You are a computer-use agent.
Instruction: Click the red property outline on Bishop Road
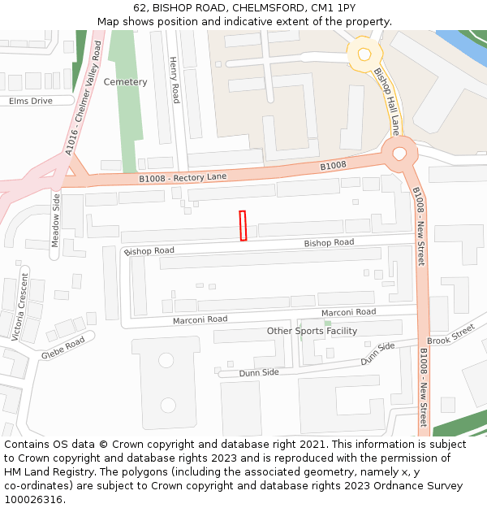click(243, 226)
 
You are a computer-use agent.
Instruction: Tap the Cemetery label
click(126, 82)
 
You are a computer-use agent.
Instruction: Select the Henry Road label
click(175, 80)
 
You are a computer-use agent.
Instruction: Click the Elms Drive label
click(31, 101)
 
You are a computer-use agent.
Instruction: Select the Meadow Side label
click(56, 220)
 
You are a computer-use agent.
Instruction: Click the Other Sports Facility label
click(312, 331)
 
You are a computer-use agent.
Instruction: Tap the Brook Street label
click(450, 335)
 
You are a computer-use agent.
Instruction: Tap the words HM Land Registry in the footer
click(41, 472)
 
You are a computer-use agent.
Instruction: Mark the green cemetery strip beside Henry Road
click(123, 114)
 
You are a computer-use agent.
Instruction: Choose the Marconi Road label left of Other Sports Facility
click(200, 319)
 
